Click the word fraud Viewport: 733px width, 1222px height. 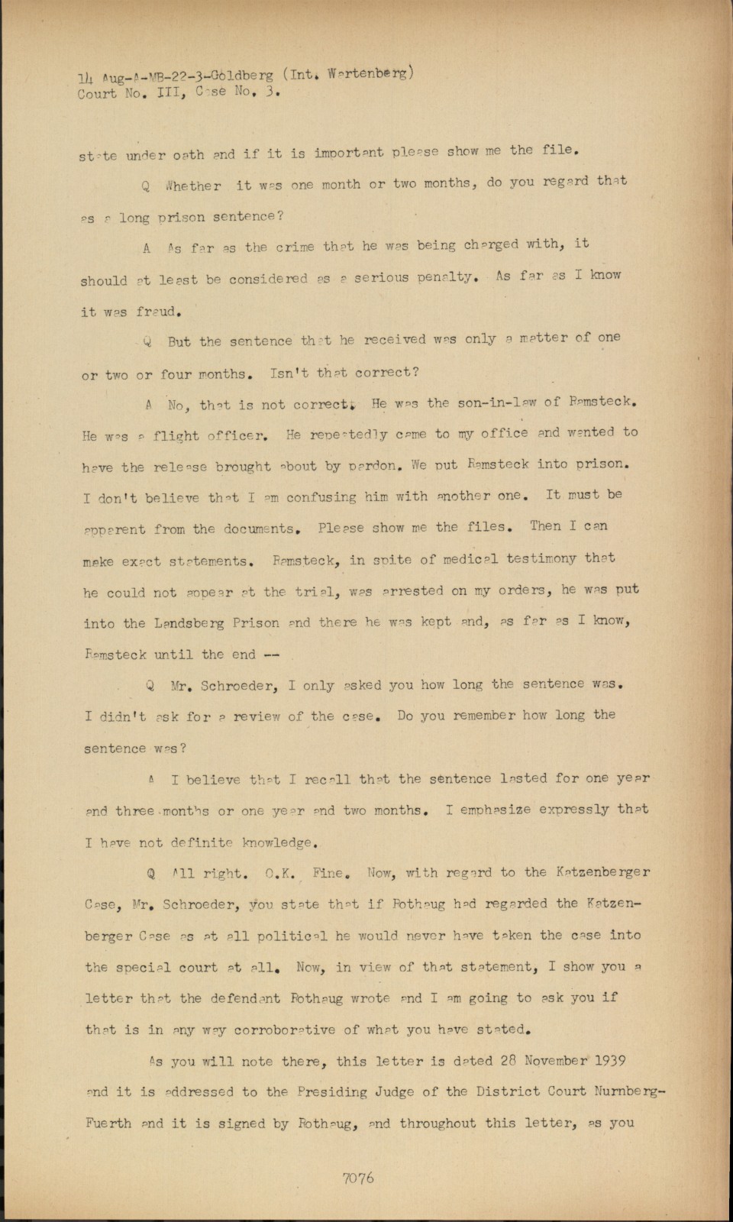pyautogui.click(x=159, y=312)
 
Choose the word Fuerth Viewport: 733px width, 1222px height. pyautogui.click(x=108, y=1123)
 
